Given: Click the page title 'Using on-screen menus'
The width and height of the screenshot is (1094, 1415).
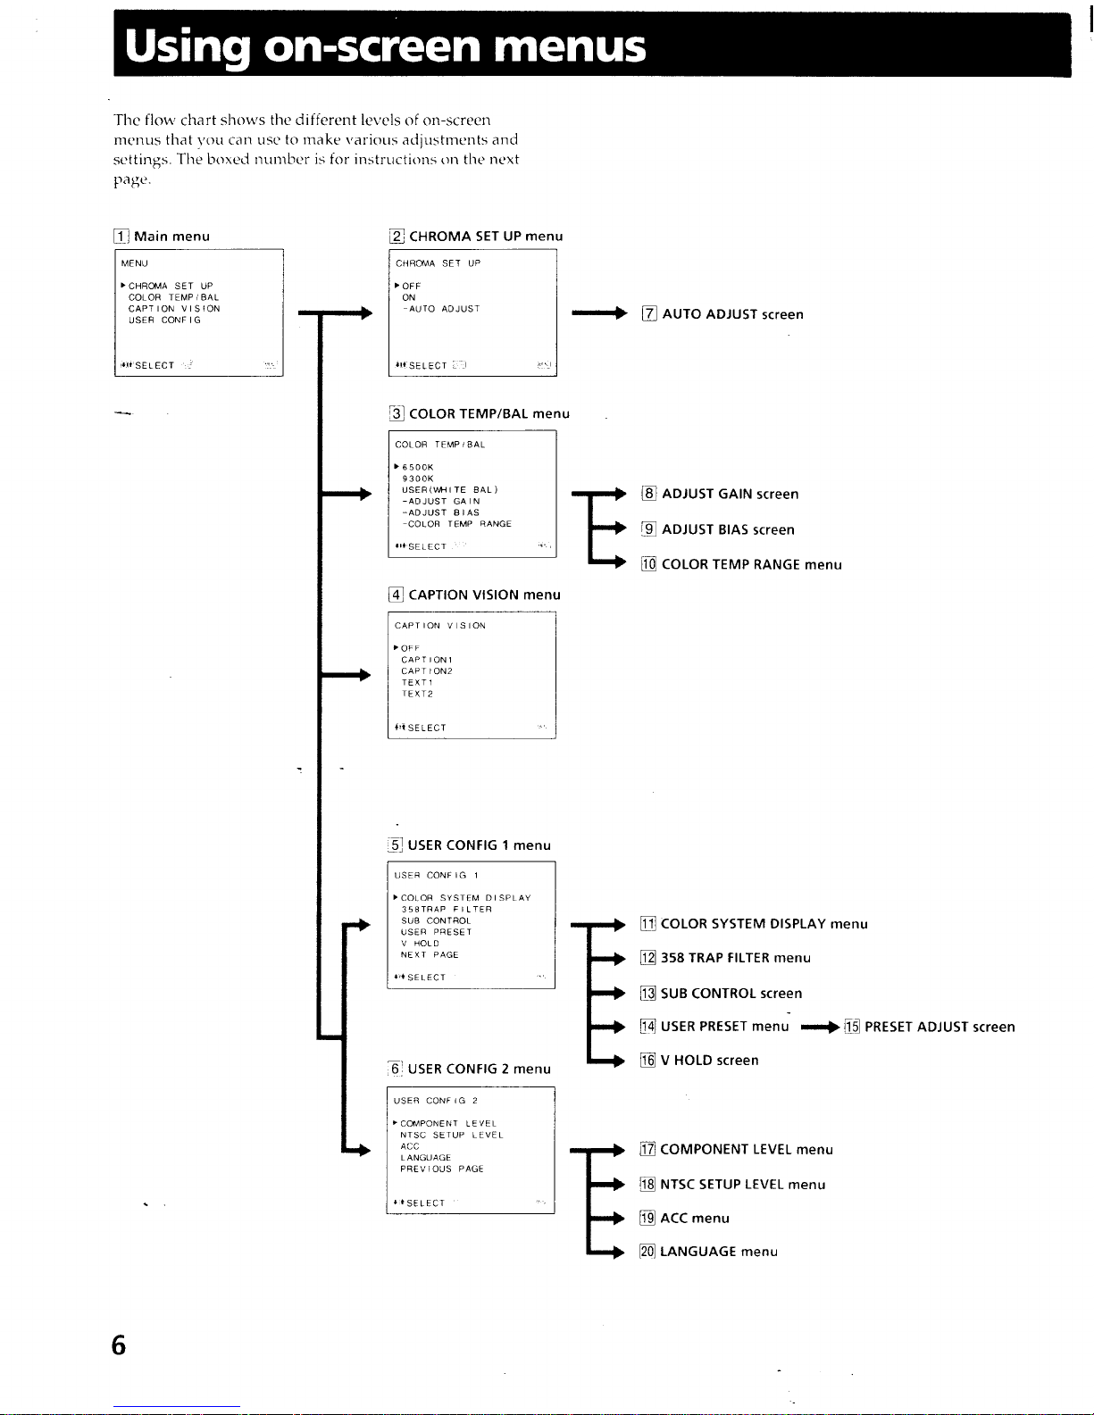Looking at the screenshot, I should click(385, 46).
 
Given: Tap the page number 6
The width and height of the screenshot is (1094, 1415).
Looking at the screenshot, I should click(119, 1344).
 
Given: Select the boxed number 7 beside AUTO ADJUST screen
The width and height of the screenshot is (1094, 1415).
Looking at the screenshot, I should click(649, 314).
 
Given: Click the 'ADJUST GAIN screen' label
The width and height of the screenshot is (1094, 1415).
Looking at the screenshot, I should click(730, 494).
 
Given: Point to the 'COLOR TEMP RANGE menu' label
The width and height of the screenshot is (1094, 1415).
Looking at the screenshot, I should click(751, 564).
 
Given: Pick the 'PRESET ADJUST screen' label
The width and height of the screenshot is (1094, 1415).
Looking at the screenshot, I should click(940, 1027).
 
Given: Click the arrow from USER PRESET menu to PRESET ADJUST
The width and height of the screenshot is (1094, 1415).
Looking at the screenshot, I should click(821, 1027).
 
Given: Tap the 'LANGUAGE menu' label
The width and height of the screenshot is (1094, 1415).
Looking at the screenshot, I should click(718, 1252).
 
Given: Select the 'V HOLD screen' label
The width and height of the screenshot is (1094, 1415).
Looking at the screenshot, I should click(709, 1061).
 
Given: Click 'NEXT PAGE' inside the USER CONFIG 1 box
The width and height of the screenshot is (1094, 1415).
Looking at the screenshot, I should click(430, 954).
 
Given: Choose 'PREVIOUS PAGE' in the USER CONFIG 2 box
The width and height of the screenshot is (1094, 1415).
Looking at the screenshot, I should click(441, 1169).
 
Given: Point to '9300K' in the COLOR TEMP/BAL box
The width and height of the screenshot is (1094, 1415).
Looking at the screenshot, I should click(417, 479).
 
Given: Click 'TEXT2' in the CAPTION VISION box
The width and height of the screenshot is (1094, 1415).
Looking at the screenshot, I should click(417, 694).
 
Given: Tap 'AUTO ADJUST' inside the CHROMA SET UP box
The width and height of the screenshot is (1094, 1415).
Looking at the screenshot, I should click(443, 309).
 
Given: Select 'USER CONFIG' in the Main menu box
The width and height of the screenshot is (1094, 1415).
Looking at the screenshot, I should click(164, 320).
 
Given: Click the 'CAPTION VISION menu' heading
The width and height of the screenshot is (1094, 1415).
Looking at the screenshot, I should click(484, 595).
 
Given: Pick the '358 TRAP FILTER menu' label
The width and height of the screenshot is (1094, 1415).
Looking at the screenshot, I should click(735, 958).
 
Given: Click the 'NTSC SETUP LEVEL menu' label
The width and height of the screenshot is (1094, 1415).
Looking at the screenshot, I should click(742, 1185).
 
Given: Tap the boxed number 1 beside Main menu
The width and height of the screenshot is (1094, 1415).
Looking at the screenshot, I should click(121, 237).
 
